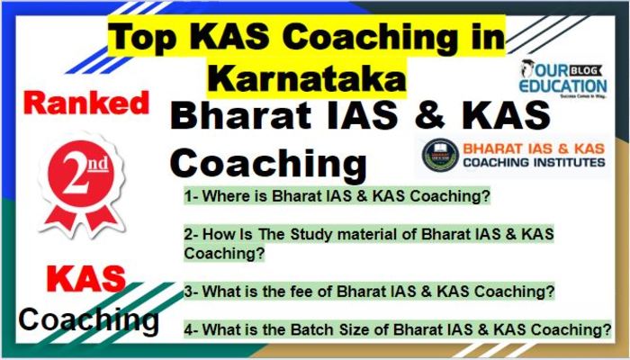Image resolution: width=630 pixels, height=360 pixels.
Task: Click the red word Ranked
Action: (x=86, y=103)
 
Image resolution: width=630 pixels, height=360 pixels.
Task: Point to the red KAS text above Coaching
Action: (x=86, y=278)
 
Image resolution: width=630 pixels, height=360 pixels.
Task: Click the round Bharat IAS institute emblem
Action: (x=440, y=155)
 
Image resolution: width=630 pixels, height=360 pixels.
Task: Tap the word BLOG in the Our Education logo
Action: (x=588, y=71)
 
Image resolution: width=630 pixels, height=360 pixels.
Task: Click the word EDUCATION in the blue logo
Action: (x=562, y=85)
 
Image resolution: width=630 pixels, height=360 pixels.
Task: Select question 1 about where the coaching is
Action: (x=337, y=196)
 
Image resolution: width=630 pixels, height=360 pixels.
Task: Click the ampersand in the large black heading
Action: (x=429, y=116)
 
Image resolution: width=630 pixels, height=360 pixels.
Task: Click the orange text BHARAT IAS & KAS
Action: (x=534, y=148)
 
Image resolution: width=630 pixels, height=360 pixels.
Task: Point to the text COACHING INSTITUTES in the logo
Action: (x=534, y=162)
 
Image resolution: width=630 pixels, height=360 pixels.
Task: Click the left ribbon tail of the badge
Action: (x=60, y=220)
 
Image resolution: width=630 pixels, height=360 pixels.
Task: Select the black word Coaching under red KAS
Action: (x=88, y=319)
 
